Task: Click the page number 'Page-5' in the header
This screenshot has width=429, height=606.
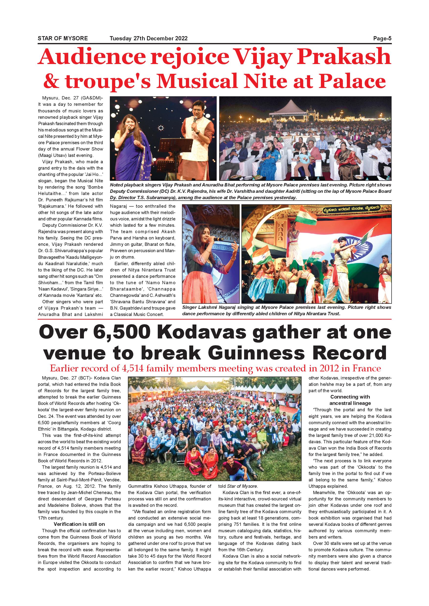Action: coord(382,39)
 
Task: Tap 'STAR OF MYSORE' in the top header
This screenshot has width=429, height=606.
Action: coord(63,39)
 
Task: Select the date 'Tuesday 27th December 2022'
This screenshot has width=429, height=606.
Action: coord(148,39)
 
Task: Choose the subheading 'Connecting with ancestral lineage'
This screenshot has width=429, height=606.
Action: coord(350,400)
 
